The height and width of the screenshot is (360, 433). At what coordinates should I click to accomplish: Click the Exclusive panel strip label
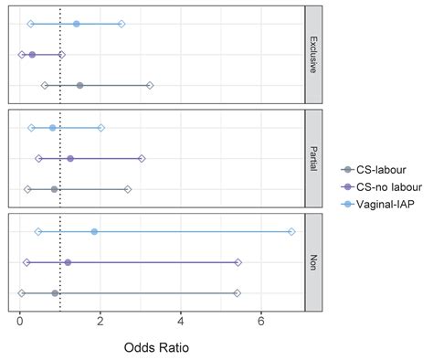[313, 54]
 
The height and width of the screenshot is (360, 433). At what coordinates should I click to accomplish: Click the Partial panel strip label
[313, 158]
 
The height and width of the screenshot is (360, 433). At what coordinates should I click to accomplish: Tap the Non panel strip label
[313, 262]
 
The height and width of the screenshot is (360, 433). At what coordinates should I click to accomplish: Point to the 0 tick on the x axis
[20, 322]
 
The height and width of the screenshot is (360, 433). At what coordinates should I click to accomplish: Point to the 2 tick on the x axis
[100, 322]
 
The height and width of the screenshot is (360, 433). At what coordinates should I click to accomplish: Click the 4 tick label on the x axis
[181, 322]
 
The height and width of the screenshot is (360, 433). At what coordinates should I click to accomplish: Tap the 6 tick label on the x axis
[261, 322]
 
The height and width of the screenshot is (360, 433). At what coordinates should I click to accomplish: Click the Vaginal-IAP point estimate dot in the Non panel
[94, 232]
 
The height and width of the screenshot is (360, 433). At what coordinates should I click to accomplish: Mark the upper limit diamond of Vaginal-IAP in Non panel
[291, 232]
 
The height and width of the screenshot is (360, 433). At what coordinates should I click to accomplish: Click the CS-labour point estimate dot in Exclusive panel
[79, 85]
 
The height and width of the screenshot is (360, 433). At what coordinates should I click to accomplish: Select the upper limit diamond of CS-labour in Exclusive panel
[150, 85]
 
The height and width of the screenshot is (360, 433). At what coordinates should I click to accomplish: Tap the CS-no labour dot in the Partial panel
[70, 158]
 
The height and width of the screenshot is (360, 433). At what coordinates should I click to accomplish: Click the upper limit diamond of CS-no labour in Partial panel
[142, 158]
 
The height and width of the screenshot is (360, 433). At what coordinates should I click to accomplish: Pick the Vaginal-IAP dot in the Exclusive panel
[76, 24]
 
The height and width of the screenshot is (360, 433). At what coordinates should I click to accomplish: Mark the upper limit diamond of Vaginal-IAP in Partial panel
[100, 128]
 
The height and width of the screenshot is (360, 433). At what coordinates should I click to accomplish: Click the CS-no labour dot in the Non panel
[68, 262]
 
